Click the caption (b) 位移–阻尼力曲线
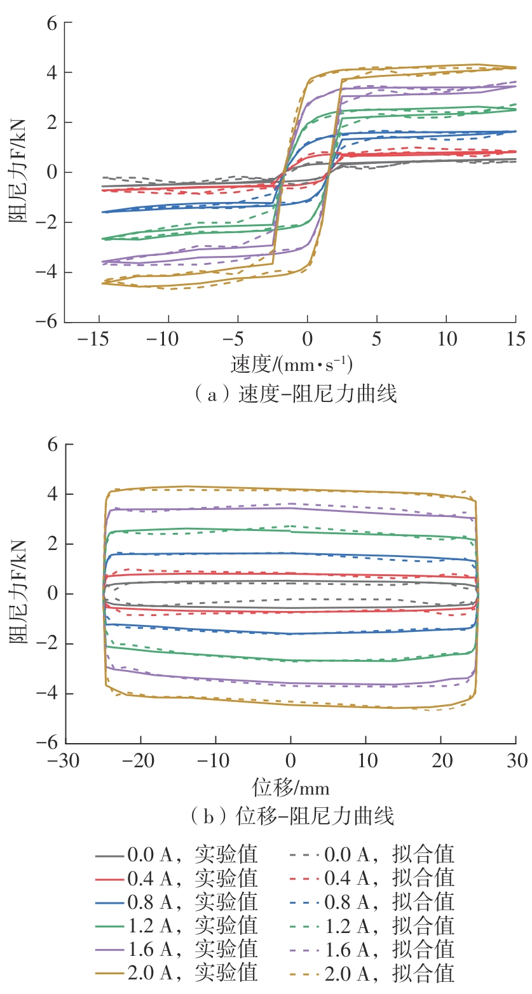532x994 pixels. click(x=295, y=815)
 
